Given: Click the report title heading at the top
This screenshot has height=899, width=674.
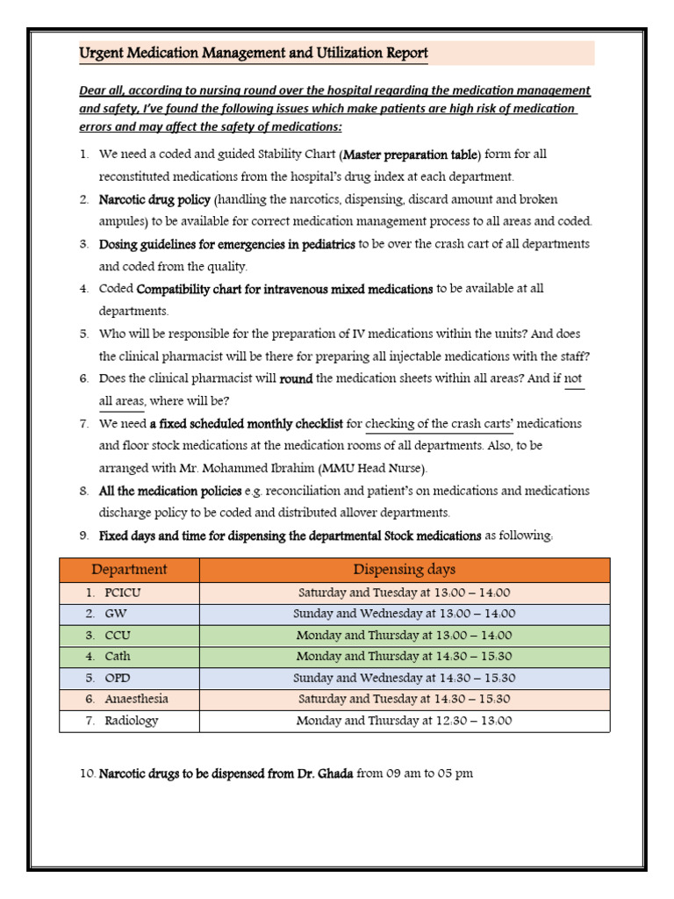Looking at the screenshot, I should (254, 54).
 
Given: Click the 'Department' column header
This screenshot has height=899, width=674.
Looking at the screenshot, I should (129, 570).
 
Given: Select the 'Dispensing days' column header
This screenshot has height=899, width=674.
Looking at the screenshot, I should (404, 570).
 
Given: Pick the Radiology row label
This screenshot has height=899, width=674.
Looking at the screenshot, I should (131, 721).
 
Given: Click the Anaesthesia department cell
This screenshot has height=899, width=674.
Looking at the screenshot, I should (136, 700).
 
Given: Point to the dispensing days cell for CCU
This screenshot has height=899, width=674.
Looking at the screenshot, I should (404, 636).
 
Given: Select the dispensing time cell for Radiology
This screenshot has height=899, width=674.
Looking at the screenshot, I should (404, 721).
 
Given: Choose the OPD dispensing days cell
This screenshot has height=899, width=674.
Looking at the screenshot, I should (404, 679).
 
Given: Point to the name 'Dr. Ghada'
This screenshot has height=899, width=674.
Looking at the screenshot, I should (322, 774).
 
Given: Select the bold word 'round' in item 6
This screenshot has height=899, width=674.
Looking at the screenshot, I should (296, 379).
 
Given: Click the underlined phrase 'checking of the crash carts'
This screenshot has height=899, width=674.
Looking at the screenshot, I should (443, 424).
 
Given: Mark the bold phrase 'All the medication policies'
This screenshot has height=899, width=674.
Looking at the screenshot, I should (168, 491).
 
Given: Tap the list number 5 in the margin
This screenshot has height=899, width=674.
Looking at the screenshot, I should (84, 334).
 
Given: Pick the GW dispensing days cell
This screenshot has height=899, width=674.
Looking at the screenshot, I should (404, 615).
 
